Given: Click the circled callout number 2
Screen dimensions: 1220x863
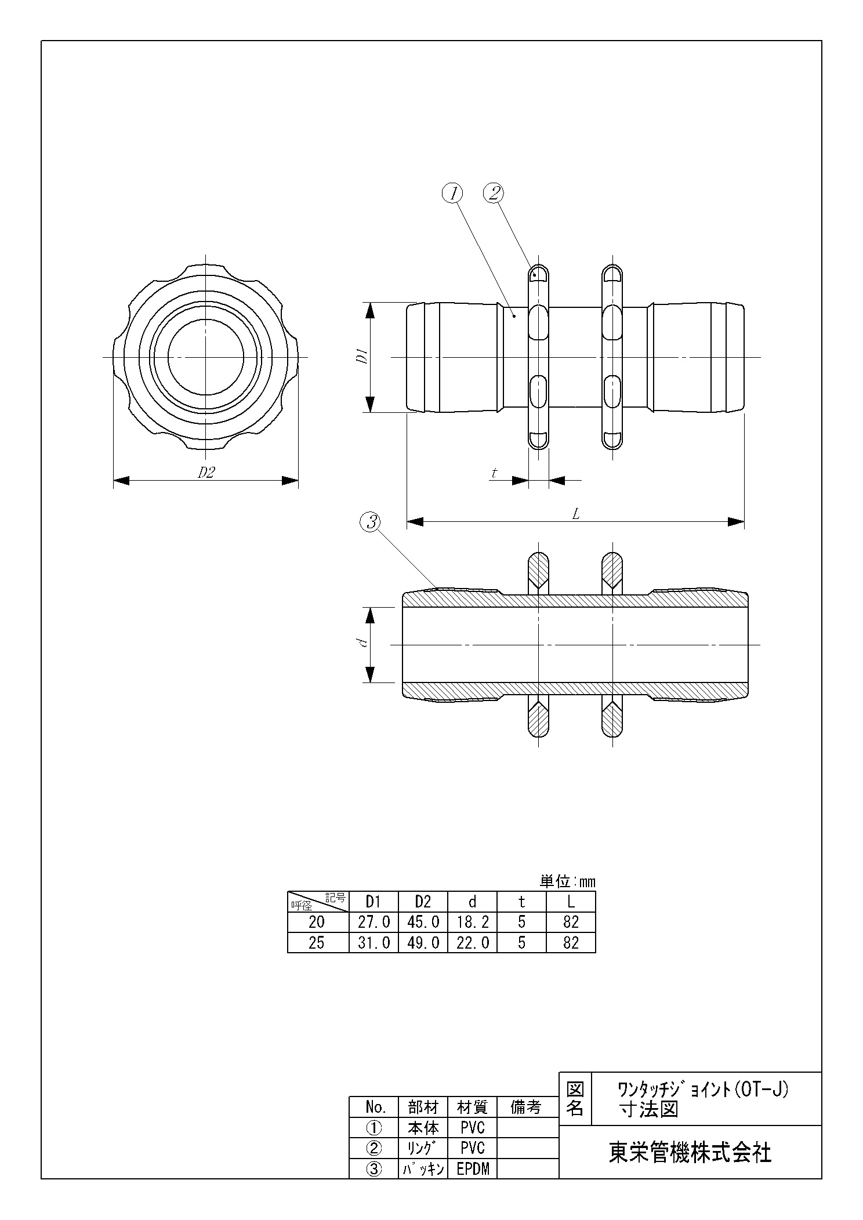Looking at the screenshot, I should pyautogui.click(x=494, y=193).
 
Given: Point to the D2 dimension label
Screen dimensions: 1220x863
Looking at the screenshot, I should pyautogui.click(x=206, y=473).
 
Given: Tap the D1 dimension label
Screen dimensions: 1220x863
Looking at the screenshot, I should pyautogui.click(x=361, y=357).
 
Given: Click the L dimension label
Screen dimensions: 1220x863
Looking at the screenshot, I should pyautogui.click(x=576, y=514).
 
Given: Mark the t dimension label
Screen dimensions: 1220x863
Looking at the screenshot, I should pyautogui.click(x=494, y=473).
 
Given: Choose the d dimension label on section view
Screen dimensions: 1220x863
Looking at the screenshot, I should pyautogui.click(x=361, y=642).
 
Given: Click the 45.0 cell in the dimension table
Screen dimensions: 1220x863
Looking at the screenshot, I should pyautogui.click(x=423, y=921).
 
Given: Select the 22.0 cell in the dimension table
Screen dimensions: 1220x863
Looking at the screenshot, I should pyautogui.click(x=472, y=942).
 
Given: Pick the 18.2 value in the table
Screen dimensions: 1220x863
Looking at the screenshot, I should pyautogui.click(x=472, y=921).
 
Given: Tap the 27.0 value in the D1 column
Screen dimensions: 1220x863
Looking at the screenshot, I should pyautogui.click(x=374, y=921).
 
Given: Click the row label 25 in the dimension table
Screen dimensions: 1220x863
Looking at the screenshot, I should pyautogui.click(x=317, y=942).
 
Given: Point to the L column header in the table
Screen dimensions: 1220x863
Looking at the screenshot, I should pyautogui.click(x=571, y=901).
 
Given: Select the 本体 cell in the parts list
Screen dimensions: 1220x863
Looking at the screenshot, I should pyautogui.click(x=423, y=1128).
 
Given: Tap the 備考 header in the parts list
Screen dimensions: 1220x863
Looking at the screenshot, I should pyautogui.click(x=525, y=1107).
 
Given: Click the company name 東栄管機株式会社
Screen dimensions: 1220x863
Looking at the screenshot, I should pyautogui.click(x=690, y=1153).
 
